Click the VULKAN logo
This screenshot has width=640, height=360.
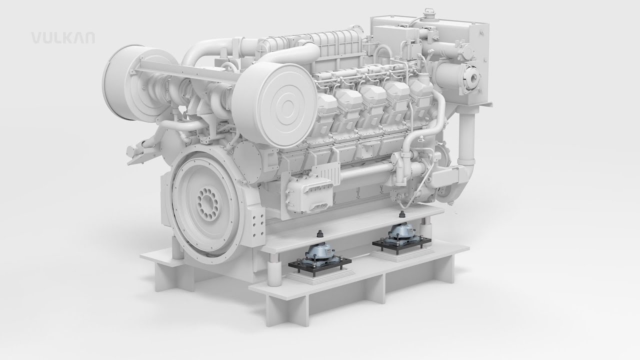63,38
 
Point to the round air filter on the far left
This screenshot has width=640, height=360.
134,83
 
